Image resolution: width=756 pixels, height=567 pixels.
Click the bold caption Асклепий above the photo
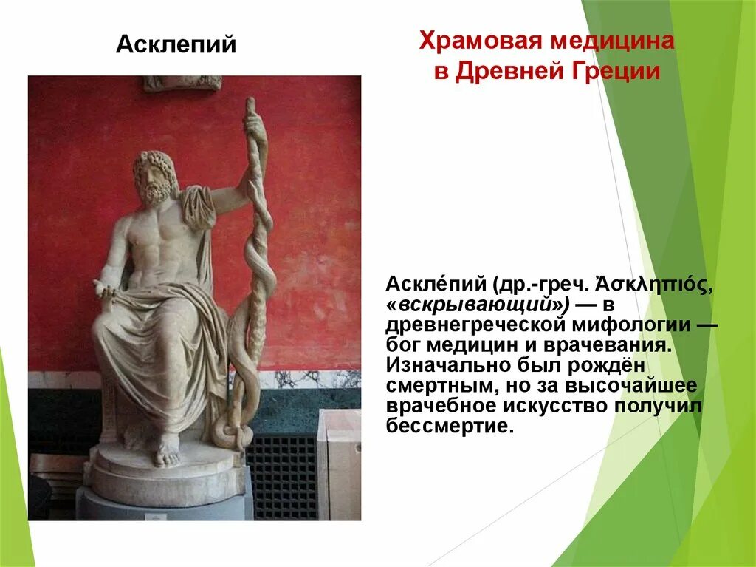176,45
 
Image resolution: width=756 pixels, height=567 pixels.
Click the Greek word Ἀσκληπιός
651,285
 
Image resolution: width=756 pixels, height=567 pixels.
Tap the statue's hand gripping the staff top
254,121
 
